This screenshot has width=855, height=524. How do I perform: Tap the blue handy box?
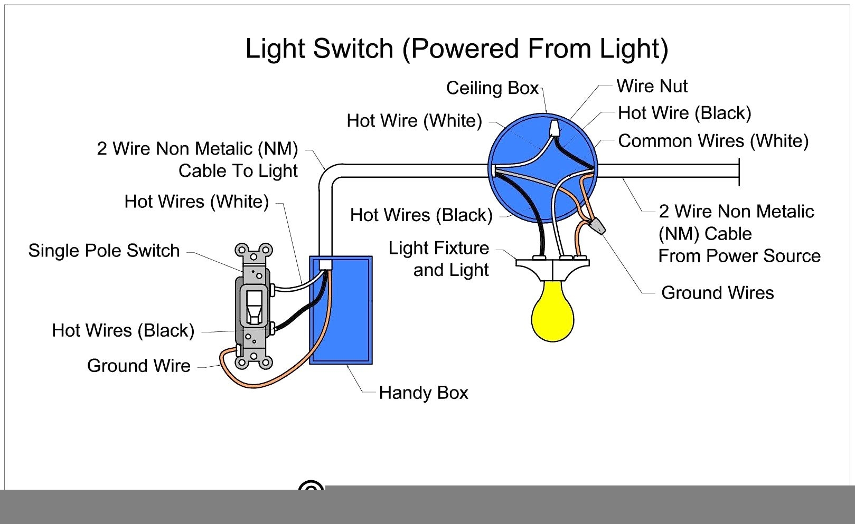click(349, 317)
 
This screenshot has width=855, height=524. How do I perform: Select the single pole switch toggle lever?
click(254, 306)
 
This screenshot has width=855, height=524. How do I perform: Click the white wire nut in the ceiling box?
click(555, 128)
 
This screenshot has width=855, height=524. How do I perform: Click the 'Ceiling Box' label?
click(492, 88)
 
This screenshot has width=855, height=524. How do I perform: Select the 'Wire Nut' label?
click(652, 86)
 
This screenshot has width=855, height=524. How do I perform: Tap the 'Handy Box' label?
click(424, 393)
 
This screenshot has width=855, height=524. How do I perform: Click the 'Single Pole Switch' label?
click(104, 251)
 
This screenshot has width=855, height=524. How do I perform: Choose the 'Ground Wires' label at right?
click(717, 293)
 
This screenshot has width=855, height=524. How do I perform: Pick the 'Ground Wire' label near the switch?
click(139, 366)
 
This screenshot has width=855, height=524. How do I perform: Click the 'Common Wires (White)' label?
click(713, 141)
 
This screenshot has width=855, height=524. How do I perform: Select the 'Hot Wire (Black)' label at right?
click(684, 113)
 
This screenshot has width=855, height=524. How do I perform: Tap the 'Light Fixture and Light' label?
click(439, 259)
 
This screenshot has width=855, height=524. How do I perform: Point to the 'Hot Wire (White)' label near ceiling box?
click(414, 121)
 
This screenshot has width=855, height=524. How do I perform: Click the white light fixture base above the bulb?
click(552, 268)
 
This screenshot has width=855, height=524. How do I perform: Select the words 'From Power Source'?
click(739, 256)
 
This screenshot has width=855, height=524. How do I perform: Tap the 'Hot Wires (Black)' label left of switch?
click(123, 331)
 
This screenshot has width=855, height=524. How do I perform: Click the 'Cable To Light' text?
click(238, 171)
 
